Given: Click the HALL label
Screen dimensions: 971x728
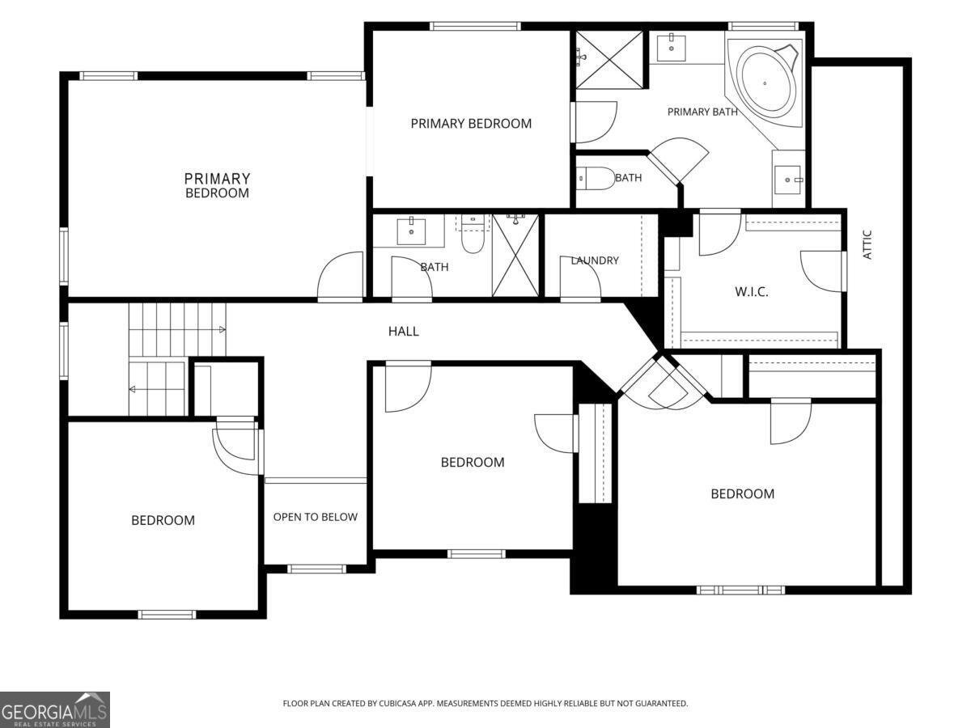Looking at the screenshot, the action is pos(403,331).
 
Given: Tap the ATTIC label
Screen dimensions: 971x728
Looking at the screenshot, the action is pos(867,244).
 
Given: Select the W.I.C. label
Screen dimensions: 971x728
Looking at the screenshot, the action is pos(751,292).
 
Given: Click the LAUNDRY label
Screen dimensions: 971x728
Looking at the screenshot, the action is pos(595,260).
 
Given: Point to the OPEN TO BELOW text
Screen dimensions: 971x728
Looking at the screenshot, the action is pos(315,517).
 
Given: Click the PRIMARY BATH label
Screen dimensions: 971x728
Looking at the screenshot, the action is pos(702,112).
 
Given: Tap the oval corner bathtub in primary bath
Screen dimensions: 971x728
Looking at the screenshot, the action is pos(765,83).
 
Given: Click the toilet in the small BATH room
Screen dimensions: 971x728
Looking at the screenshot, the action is pos(596,179).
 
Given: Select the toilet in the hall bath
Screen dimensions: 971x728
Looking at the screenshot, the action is pos(473,235).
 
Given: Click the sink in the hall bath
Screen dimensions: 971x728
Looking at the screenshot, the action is pos(411,231).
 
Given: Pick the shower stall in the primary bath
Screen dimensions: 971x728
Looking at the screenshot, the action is pos(609,60).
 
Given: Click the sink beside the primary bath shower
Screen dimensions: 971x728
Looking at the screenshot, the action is pos(671,49).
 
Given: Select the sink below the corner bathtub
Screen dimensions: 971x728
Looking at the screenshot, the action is pos(788,180).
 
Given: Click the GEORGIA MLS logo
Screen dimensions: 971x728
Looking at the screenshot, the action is pos(55,710).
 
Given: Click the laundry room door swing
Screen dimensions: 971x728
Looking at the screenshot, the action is pos(580,278).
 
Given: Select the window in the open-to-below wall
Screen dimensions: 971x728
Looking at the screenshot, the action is pos(316,569).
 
